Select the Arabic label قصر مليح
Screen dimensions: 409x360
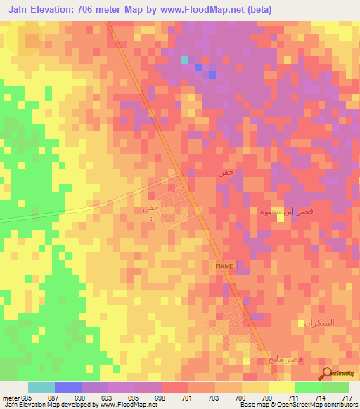(308, 359)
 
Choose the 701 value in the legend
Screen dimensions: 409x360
(187, 398)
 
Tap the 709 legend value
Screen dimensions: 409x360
(268, 398)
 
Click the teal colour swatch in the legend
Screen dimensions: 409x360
(41, 387)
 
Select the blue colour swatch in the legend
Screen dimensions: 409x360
(68, 387)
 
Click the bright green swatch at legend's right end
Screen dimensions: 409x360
(335, 387)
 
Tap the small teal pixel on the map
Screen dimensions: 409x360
(184, 60)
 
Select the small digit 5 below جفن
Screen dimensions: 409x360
(150, 219)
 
